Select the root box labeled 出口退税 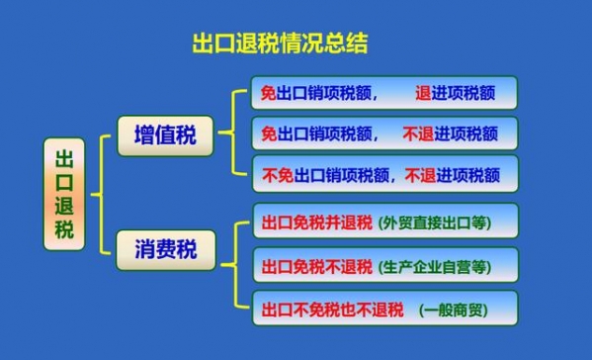65,195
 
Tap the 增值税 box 165,135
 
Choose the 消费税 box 165,249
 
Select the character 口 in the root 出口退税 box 65,182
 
